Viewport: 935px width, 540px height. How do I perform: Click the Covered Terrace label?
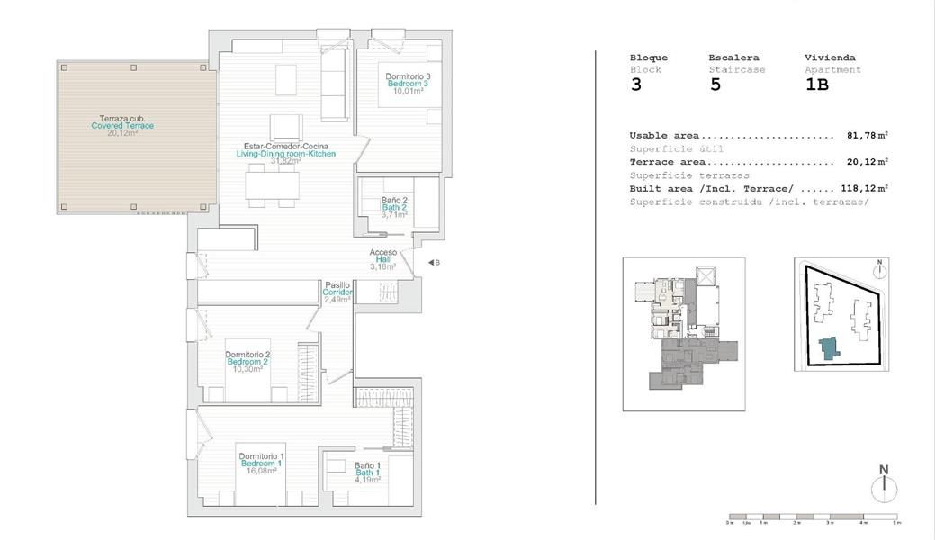tap(122, 126)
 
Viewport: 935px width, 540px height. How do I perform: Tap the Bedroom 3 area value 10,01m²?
tap(408, 91)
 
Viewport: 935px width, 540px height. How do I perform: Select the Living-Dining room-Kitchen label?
tap(285, 154)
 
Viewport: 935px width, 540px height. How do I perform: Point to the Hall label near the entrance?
tap(382, 259)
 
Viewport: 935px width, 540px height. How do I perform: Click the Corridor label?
tap(337, 292)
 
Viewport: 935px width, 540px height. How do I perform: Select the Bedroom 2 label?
tap(247, 362)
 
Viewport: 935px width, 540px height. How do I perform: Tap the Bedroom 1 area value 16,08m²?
tap(261, 471)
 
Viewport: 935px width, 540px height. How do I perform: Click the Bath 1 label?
tap(367, 472)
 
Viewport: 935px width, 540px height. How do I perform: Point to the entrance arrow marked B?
tap(433, 263)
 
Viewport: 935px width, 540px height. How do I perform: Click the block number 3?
tap(636, 85)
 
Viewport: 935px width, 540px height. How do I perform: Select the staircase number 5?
tap(715, 85)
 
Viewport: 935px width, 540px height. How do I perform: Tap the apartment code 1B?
tap(816, 85)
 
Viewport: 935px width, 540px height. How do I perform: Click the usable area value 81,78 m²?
tap(867, 136)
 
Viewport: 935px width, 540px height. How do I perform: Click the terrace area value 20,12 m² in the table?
tap(867, 162)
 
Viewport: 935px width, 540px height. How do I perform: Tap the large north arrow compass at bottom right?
tap(884, 486)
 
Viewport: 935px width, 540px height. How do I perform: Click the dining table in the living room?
tap(273, 185)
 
